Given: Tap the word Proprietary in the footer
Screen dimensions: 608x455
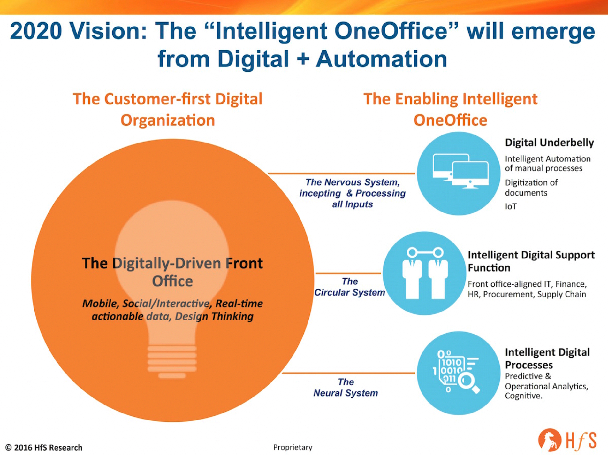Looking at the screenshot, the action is coord(293,447).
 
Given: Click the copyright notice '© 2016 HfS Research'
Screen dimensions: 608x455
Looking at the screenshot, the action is coord(44,447).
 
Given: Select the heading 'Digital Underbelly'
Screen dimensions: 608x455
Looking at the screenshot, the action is coord(549,143).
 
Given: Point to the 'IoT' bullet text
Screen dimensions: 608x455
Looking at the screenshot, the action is coord(511,206).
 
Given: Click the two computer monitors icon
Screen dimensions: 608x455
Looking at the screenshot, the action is coord(460,171).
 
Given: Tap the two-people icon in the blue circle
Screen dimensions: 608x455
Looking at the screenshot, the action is coord(425,273).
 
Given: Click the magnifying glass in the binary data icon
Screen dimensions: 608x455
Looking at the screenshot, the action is coord(468,383).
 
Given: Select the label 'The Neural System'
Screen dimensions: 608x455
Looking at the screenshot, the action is coord(346,387).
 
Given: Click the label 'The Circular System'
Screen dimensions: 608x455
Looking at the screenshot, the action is coord(350,287).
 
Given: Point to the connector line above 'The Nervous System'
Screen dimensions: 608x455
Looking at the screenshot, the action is coord(341,173).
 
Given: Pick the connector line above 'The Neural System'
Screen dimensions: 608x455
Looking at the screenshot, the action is coord(348,373).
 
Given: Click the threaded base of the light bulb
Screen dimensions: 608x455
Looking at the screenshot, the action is coord(172,361).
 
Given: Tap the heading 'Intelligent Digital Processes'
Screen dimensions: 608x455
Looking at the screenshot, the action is coord(547,359).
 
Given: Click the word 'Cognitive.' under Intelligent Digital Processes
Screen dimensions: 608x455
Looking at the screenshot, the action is coord(524,396).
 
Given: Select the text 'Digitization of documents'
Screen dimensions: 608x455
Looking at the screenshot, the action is coord(531,188).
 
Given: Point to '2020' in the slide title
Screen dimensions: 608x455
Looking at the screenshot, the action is coord(36,31).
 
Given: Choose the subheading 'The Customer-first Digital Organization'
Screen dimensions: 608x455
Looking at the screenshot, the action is coord(168,109).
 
